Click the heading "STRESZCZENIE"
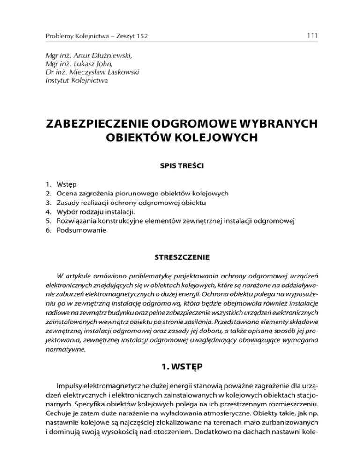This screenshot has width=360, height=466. point(180,257)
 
